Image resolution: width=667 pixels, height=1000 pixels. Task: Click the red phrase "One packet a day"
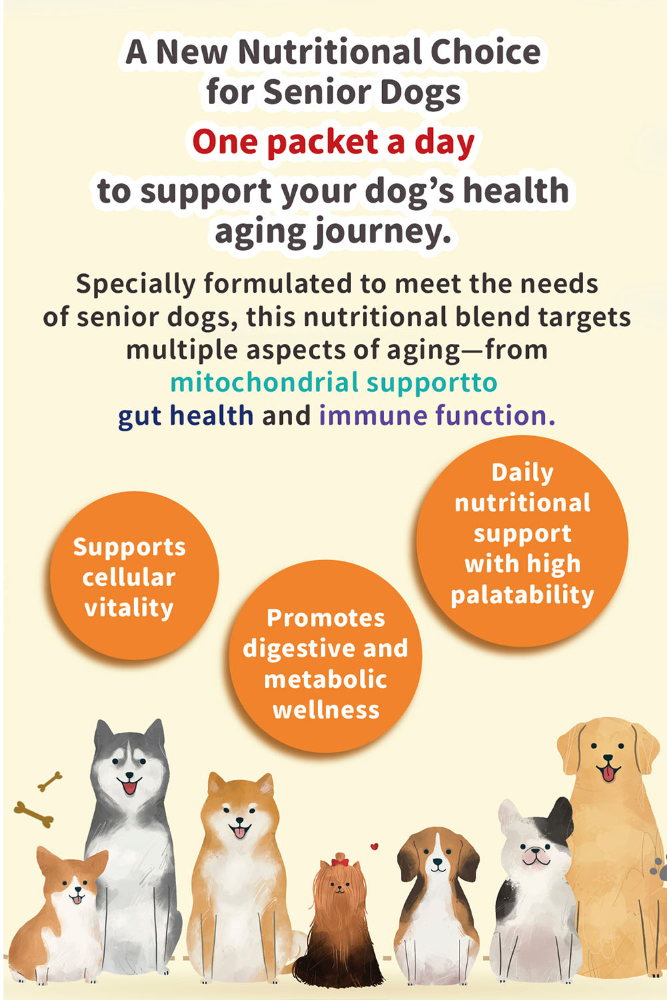[333, 143]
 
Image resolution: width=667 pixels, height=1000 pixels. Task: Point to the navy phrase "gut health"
[185, 415]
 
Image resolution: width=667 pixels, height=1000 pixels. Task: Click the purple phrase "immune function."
[438, 415]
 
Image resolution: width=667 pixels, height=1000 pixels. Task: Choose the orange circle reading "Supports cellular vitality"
[134, 575]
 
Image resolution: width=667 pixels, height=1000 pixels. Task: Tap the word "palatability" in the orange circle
[522, 595]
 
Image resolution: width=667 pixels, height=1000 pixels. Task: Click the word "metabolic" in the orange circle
[325, 679]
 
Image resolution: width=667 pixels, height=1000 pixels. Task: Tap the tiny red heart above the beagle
[374, 846]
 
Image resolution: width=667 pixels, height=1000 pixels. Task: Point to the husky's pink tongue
[129, 787]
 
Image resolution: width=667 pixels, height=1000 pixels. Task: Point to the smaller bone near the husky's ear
[49, 781]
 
